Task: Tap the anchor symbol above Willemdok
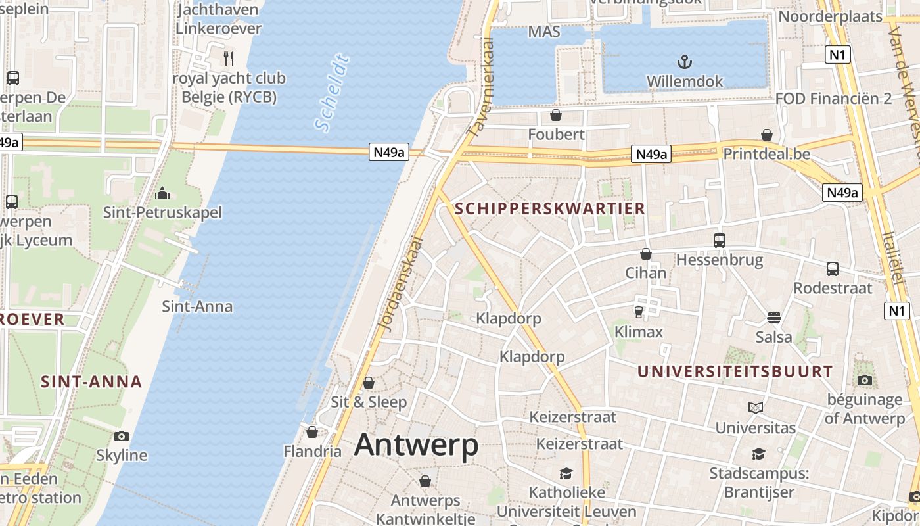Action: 685,62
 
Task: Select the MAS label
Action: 544,32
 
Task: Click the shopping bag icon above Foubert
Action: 556,116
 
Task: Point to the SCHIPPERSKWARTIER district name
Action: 549,209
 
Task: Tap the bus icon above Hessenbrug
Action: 720,241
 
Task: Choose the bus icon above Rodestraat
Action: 833,268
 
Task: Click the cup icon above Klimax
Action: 638,312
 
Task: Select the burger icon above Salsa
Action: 773,318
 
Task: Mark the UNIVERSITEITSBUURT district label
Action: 735,371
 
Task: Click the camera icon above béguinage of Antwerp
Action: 865,380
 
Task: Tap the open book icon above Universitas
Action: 756,408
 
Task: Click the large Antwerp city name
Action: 417,445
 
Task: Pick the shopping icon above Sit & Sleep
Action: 369,383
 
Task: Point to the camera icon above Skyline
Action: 122,436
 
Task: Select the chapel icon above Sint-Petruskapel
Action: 162,193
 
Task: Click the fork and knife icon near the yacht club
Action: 228,58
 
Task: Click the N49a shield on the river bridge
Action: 388,153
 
